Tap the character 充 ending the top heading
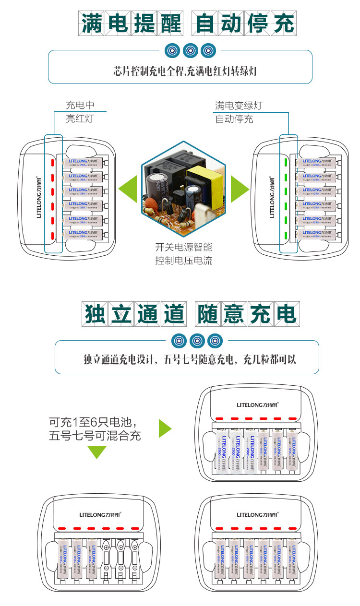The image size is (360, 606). coord(282,24)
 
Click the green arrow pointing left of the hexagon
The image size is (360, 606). coord(127,189)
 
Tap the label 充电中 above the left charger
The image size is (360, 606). coord(80,106)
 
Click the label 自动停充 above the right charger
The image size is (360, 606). coord(234,119)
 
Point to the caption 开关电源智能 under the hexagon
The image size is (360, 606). coord(183,248)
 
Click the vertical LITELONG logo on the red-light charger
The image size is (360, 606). coord(39,197)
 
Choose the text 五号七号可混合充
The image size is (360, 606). coord(95,436)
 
